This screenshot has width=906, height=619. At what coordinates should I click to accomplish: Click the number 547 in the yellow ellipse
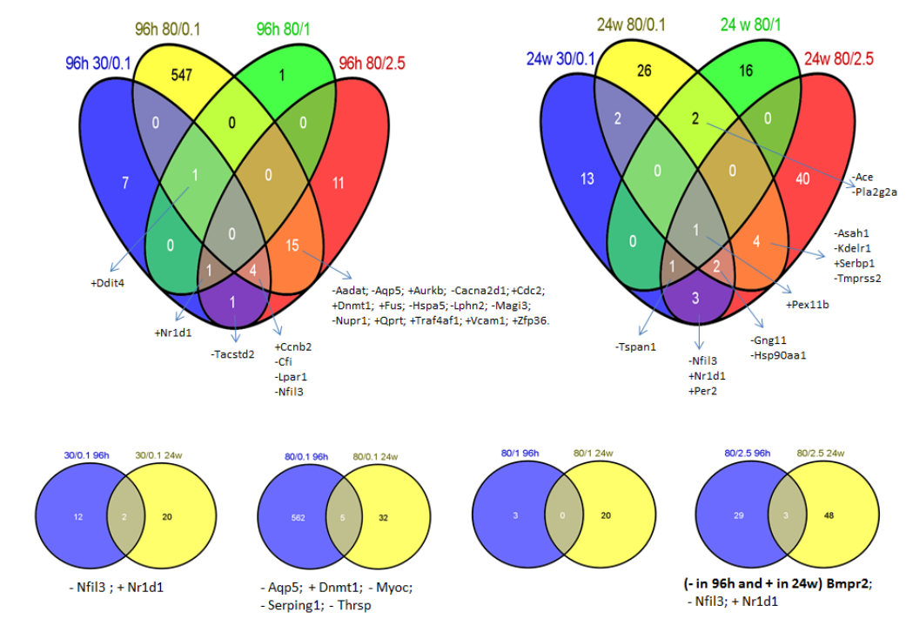click(x=182, y=74)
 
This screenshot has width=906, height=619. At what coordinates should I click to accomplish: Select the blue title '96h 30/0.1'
click(x=99, y=64)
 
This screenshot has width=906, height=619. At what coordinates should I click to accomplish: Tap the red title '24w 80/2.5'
click(x=839, y=59)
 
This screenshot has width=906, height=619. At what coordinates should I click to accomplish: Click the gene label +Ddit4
click(x=108, y=283)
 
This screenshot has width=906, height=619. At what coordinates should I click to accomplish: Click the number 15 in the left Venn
click(x=293, y=246)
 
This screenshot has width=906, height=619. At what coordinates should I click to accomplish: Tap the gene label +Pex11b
click(x=809, y=306)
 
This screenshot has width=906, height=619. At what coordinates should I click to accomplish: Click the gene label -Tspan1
click(x=636, y=346)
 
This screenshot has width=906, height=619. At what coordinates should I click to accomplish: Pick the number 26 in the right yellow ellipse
click(x=645, y=71)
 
